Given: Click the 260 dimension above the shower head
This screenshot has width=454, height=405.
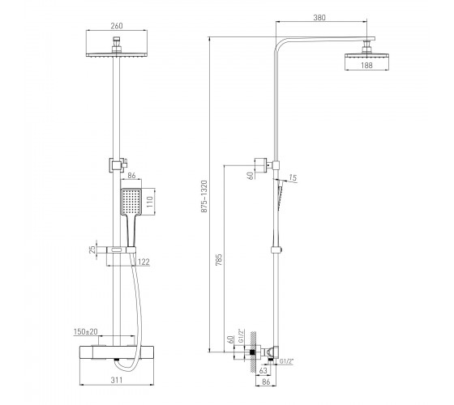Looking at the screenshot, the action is [x=117, y=26].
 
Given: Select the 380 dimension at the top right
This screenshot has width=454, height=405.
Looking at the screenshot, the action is [x=319, y=18].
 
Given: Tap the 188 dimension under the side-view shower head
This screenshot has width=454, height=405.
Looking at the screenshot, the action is [x=366, y=66].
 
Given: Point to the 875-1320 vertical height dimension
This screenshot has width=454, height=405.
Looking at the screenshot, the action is [x=204, y=196].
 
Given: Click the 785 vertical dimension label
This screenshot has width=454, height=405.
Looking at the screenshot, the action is [x=219, y=260].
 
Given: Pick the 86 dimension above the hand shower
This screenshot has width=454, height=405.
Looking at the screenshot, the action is [x=131, y=175].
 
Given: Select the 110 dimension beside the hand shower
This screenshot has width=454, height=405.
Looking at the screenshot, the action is [x=149, y=202].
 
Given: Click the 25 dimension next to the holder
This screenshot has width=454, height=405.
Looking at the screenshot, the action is [x=92, y=249].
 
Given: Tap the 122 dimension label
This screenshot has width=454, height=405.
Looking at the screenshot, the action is [x=143, y=262].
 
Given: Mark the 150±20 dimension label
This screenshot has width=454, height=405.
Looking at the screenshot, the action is [x=86, y=331].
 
